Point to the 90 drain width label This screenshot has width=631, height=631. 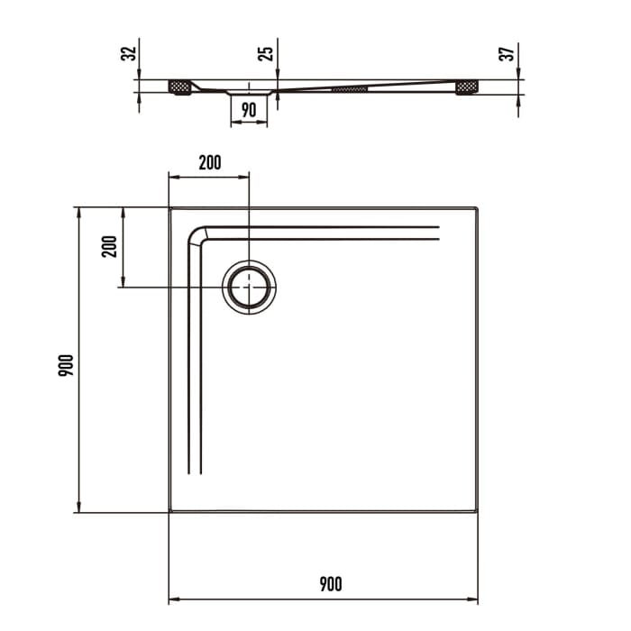pos(249,109)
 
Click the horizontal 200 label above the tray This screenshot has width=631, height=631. pos(209,163)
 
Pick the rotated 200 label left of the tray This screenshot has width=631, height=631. pos(110,246)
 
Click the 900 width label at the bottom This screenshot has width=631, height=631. pos(330,584)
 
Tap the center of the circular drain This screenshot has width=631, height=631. pos(249,288)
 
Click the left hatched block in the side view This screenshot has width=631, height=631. pos(180,87)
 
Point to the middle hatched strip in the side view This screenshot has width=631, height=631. pos(350,89)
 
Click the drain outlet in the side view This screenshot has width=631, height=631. pos(249,91)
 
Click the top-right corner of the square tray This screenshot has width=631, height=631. pos(477,208)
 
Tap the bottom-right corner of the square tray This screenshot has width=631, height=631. pos(477,512)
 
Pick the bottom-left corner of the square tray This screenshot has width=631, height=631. pos(170,512)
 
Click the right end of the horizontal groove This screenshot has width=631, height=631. pos(438,233)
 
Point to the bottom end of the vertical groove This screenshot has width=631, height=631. pos(194,473)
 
